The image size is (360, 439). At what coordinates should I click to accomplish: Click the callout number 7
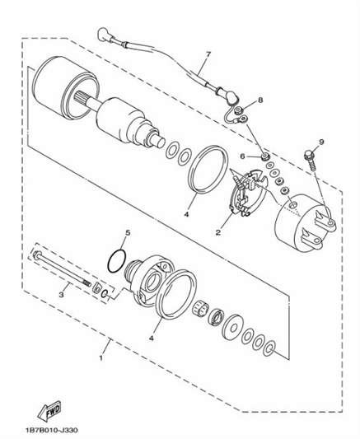[208, 54]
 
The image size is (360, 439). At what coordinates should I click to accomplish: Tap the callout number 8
[260, 100]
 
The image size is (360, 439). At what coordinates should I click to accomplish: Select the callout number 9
[321, 142]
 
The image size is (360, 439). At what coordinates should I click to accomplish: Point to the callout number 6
[242, 156]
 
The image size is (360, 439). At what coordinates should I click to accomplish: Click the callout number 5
[128, 232]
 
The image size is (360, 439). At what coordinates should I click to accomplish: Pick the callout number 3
[61, 295]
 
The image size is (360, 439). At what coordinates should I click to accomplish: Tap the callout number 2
[218, 232]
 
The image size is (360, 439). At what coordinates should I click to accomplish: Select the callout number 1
[101, 358]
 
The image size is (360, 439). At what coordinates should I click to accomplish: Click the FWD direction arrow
[49, 412]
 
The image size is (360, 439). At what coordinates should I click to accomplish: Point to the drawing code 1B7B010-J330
[51, 430]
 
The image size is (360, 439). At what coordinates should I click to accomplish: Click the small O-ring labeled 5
[117, 261]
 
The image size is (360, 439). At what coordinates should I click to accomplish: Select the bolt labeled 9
[311, 161]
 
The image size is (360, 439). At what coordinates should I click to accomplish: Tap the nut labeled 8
[239, 110]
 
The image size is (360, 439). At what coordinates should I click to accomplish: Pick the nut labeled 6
[264, 156]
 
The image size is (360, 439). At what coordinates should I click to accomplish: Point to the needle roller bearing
[200, 309]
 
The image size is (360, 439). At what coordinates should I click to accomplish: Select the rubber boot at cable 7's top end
[103, 35]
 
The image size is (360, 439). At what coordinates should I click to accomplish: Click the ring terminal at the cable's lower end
[244, 119]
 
